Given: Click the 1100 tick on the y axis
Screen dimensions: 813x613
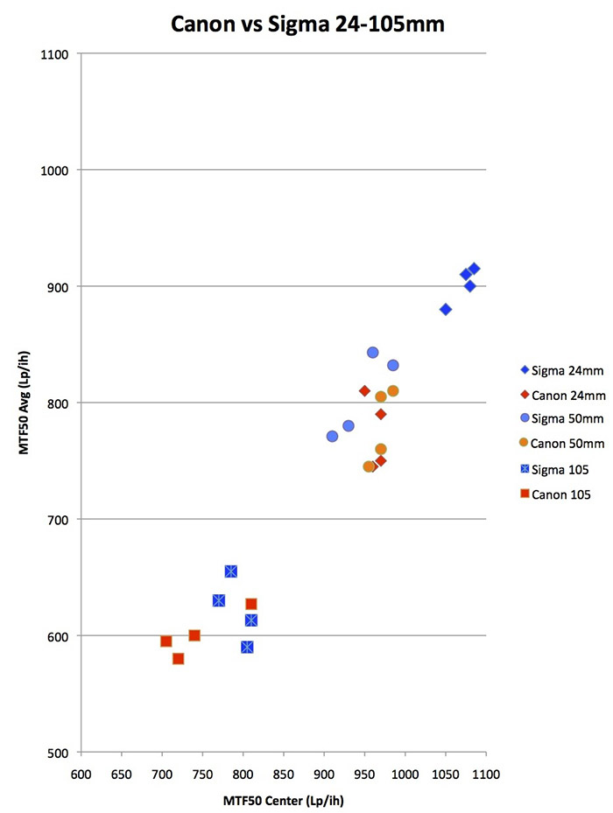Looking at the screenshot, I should [58, 54].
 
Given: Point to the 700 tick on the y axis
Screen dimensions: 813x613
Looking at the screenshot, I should [61, 520].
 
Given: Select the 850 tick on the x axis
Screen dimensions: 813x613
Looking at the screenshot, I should [283, 774].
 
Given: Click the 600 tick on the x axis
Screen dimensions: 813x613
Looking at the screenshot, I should [81, 774].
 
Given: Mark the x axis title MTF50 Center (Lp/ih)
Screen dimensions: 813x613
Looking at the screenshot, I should [283, 799].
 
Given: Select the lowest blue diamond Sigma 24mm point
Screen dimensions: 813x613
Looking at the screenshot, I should [446, 310].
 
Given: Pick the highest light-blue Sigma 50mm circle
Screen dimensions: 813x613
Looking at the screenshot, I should [373, 353].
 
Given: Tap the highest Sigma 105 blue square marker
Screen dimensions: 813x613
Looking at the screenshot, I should [231, 571].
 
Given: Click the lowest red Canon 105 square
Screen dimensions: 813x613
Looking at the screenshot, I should [179, 658].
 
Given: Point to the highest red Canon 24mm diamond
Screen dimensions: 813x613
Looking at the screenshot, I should [364, 391].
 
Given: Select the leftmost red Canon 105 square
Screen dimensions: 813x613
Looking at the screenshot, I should [166, 641].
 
